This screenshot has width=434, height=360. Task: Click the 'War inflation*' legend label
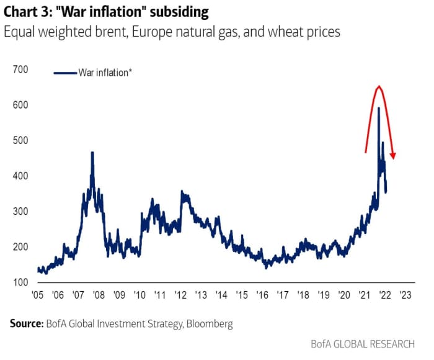[105, 73]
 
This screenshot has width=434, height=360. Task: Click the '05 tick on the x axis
[38, 295]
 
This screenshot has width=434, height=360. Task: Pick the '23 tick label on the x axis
[405, 295]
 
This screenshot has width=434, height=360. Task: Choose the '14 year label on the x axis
[221, 295]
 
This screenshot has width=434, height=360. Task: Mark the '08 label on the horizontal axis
[99, 295]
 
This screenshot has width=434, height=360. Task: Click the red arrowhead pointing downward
[393, 155]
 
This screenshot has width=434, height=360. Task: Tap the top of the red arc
[379, 87]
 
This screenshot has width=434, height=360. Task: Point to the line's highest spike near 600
[378, 109]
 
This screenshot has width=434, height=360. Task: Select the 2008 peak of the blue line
[92, 153]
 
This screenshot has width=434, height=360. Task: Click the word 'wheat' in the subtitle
[277, 32]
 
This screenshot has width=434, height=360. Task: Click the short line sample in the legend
[65, 73]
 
